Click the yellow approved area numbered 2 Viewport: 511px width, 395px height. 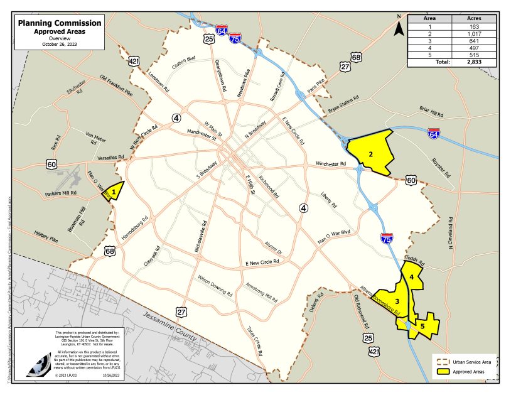pos(372,153)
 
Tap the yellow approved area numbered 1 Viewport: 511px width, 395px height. pos(114,190)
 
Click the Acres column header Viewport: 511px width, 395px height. pos(473,19)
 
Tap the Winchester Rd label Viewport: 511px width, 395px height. pos(331,164)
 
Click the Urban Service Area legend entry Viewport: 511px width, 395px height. pos(470,362)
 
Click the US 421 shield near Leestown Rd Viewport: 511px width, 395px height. pos(134,61)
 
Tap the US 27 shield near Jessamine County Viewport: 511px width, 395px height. pos(181,311)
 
